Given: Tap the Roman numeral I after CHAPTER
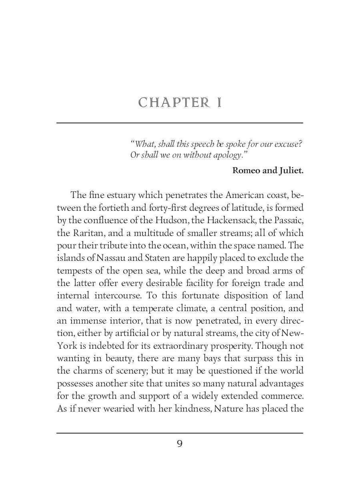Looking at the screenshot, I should [x=219, y=103].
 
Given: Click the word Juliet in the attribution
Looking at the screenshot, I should [x=290, y=170].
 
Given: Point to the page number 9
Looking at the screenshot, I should [x=180, y=444].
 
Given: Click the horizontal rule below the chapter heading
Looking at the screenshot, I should [x=180, y=123].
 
